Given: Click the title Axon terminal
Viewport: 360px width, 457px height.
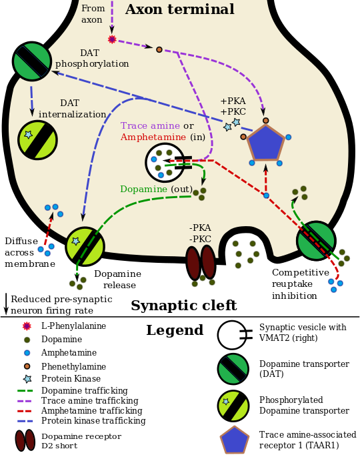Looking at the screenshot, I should coord(179,10).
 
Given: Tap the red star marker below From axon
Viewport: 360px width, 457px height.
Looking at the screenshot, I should coord(112,39).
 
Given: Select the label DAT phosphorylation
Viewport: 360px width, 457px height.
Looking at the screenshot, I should coord(91,59).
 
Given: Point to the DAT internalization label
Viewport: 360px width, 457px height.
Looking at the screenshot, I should coord(72,109).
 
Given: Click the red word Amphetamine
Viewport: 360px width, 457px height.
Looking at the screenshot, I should coord(153,137).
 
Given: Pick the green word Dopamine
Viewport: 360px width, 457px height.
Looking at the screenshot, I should coord(143,189).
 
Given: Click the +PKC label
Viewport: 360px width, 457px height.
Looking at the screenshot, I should coord(233,112).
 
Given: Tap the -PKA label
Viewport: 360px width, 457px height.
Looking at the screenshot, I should coord(200,228).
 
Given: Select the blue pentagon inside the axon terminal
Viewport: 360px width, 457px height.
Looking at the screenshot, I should coord(265,142).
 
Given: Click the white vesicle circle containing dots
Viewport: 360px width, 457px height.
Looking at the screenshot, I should coord(164,162).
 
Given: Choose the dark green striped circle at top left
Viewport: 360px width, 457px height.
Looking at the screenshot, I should coord(32,61).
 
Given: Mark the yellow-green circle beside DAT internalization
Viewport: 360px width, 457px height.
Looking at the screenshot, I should coord(37,139).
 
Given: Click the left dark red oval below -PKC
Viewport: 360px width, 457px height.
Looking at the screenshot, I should coord(193,262).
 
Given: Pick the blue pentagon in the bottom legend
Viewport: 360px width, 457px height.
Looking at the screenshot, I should coord(235,440).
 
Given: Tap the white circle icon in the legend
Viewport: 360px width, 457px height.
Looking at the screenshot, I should coord(232,335).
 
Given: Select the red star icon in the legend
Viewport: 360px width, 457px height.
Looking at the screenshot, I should coord(27,326).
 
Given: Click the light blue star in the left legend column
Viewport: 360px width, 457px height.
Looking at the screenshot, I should coord(27,379).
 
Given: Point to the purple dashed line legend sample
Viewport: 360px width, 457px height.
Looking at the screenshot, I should coord(25,401).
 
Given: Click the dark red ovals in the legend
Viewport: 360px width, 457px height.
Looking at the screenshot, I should coord(25,440).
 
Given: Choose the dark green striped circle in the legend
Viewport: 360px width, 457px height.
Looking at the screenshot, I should coord(233,369).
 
